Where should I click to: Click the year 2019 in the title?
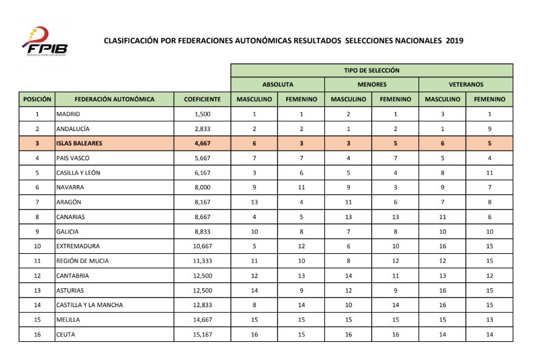454,41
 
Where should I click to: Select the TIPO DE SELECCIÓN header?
371,70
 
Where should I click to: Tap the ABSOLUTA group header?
278,84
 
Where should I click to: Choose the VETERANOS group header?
465,84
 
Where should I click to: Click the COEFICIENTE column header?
202,99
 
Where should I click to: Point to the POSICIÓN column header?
37,99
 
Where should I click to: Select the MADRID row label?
68,114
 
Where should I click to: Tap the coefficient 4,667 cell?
202,143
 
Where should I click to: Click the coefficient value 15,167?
202,335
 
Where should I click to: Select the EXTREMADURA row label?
78,246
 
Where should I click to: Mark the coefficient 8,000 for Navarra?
202,188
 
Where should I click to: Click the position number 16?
37,335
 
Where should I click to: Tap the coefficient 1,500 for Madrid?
202,114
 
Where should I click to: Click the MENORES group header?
371,84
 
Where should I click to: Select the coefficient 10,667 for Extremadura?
202,246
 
